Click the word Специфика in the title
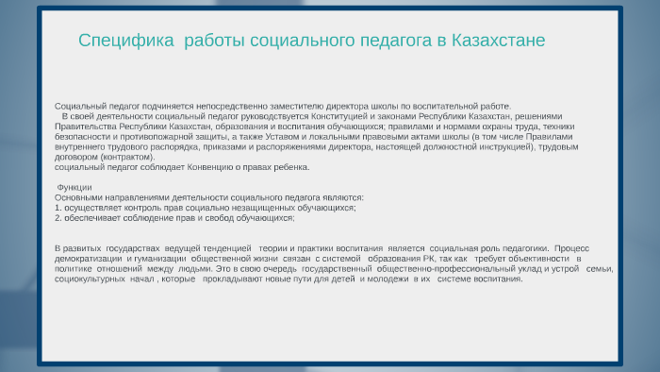point(125,41)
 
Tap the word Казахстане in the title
point(499,41)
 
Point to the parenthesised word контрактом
point(127,157)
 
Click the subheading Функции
point(74,188)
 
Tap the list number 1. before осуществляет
point(58,208)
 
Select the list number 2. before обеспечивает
point(58,218)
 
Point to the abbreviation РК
point(429,259)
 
